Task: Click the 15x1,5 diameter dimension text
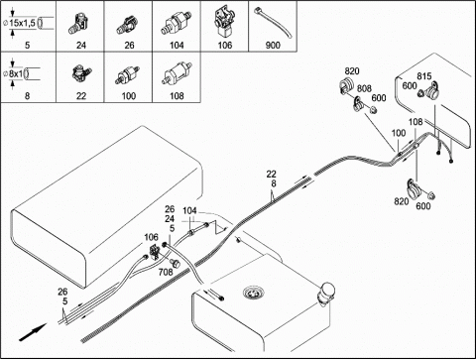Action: tap(22, 23)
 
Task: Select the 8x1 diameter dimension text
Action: tap(15, 73)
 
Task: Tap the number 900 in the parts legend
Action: tap(273, 45)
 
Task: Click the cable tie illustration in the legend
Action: tap(273, 22)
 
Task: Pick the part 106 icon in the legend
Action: tap(224, 22)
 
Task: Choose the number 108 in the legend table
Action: tap(177, 96)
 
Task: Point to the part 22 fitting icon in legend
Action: tap(81, 73)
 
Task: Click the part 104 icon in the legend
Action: tap(176, 23)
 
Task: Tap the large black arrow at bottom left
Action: tap(33, 332)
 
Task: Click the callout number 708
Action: tap(166, 272)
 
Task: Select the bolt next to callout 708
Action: tap(175, 263)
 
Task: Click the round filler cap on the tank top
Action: tap(252, 293)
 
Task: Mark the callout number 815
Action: tap(424, 76)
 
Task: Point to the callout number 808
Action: tap(364, 88)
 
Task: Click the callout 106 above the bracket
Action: tap(151, 237)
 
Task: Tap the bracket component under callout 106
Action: tap(155, 252)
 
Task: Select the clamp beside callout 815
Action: tap(432, 89)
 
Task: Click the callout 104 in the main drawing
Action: tap(189, 210)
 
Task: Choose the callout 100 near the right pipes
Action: tap(399, 133)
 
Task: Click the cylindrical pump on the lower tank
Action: tap(326, 293)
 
